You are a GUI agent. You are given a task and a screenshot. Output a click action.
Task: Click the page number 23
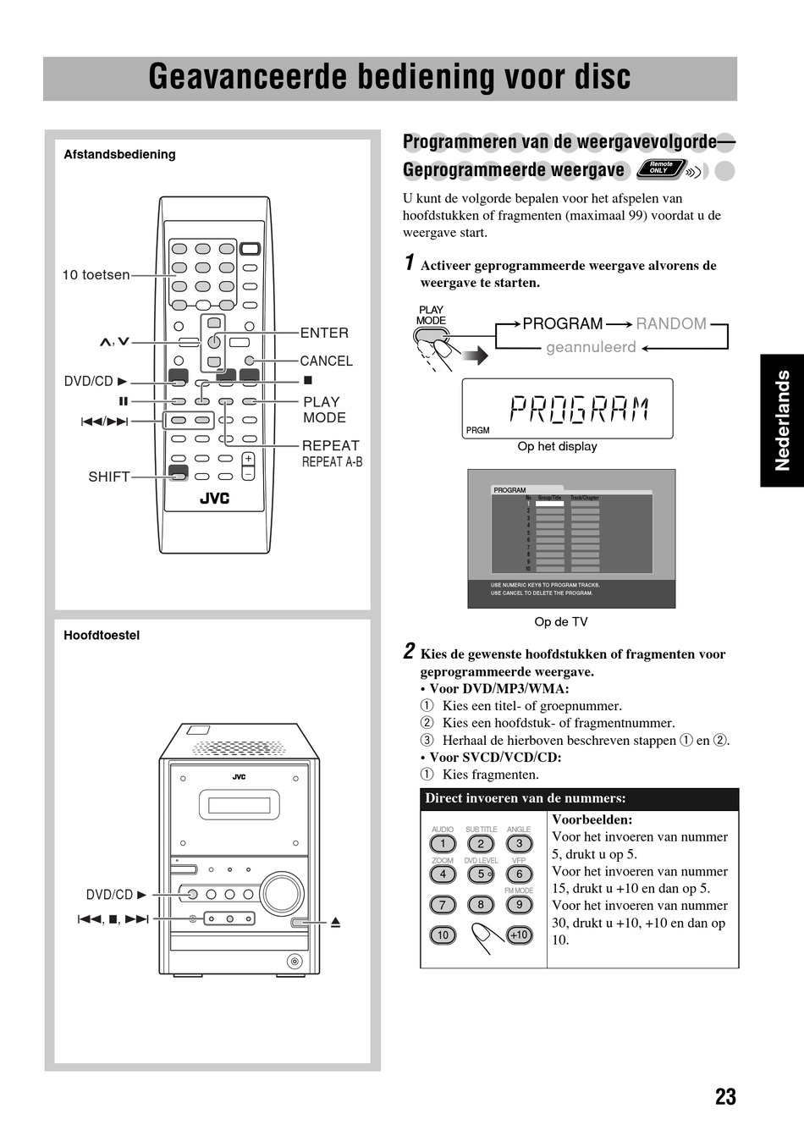point(725,1097)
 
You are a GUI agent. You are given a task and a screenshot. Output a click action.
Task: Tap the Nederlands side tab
point(782,420)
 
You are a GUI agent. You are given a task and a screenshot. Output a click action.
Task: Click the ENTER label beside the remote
point(324,333)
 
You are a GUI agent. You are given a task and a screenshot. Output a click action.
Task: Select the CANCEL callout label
point(326,361)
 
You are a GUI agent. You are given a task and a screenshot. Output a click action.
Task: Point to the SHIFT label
point(109,477)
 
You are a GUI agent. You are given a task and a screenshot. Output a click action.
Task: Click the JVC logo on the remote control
point(214,499)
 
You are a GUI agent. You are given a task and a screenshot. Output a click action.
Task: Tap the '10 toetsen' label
point(96,274)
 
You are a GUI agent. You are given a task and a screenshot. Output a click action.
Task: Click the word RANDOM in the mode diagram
point(671,323)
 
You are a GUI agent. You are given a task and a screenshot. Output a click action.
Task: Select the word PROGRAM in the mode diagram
point(563,323)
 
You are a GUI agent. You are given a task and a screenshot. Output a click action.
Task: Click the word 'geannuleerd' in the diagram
point(591,347)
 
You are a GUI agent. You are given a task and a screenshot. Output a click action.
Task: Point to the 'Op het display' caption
point(557,446)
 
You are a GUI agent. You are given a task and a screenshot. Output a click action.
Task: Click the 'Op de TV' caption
point(560,621)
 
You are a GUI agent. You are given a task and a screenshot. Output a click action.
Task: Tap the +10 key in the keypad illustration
point(519,935)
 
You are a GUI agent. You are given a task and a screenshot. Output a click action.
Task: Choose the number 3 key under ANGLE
point(519,843)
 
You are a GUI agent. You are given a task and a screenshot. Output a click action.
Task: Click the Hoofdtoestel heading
point(102,635)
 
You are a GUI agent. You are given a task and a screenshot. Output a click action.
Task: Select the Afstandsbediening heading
point(119,154)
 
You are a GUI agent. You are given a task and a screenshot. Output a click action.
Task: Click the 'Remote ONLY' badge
point(661,168)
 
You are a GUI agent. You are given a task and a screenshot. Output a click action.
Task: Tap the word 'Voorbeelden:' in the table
point(592,819)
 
